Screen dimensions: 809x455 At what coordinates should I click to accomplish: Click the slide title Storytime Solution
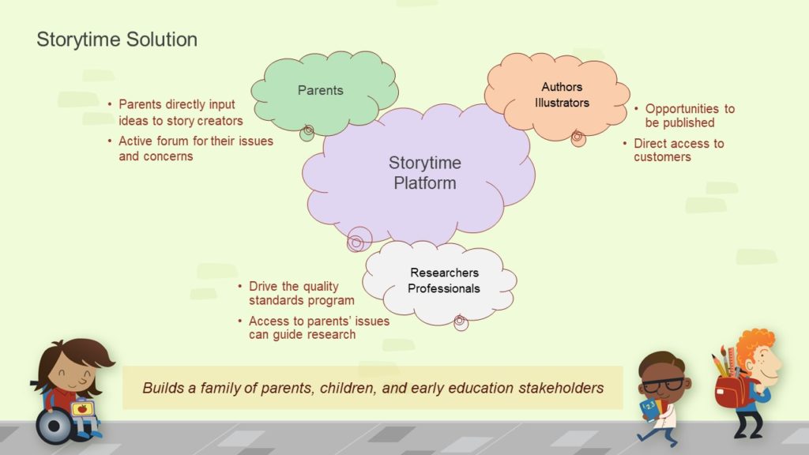pos(117,39)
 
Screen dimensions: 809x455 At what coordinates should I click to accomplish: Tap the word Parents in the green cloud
pos(321,90)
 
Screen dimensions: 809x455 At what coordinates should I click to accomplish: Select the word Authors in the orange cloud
pos(562,87)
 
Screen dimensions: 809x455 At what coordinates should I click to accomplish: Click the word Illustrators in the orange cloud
pos(562,103)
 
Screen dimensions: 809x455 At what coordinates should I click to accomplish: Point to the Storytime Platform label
pos(425,173)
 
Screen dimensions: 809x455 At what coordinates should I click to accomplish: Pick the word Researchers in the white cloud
pos(444,273)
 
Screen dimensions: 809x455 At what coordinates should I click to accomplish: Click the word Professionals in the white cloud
pos(444,288)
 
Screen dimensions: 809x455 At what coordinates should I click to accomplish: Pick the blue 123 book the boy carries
pos(649,408)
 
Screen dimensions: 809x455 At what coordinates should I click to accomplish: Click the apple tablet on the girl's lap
pos(82,409)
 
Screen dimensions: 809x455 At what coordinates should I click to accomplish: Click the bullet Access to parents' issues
pos(319,328)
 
